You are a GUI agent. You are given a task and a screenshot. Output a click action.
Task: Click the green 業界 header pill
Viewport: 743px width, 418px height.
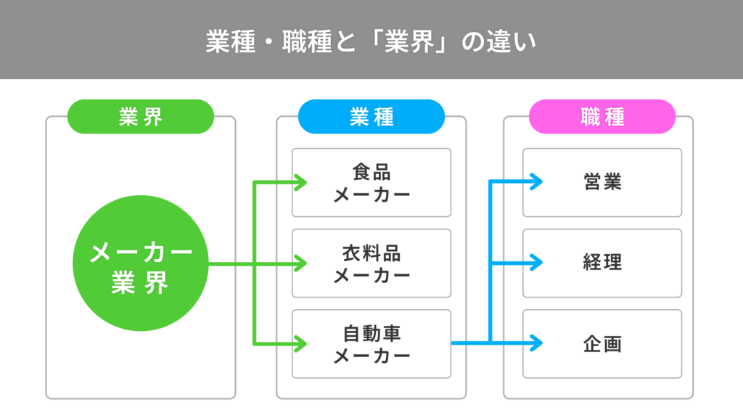click(x=141, y=117)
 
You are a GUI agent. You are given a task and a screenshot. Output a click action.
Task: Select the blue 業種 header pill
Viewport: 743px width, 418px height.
click(x=371, y=117)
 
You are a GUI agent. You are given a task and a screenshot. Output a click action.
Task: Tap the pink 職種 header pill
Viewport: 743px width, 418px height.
click(x=602, y=117)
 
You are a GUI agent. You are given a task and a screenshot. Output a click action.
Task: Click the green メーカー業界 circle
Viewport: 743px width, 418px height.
click(x=141, y=263)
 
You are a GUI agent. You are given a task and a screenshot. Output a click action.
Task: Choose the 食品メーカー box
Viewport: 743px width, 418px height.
click(x=371, y=183)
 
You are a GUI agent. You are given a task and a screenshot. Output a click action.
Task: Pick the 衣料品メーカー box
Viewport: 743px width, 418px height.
click(x=371, y=263)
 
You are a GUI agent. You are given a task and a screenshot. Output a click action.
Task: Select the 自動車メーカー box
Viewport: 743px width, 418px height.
click(x=371, y=344)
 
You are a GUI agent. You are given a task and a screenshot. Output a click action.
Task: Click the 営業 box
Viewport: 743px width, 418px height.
click(x=602, y=183)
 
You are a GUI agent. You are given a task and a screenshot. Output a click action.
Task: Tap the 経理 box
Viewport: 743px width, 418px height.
click(x=602, y=263)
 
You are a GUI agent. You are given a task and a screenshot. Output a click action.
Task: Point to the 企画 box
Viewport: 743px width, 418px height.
click(x=602, y=344)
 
